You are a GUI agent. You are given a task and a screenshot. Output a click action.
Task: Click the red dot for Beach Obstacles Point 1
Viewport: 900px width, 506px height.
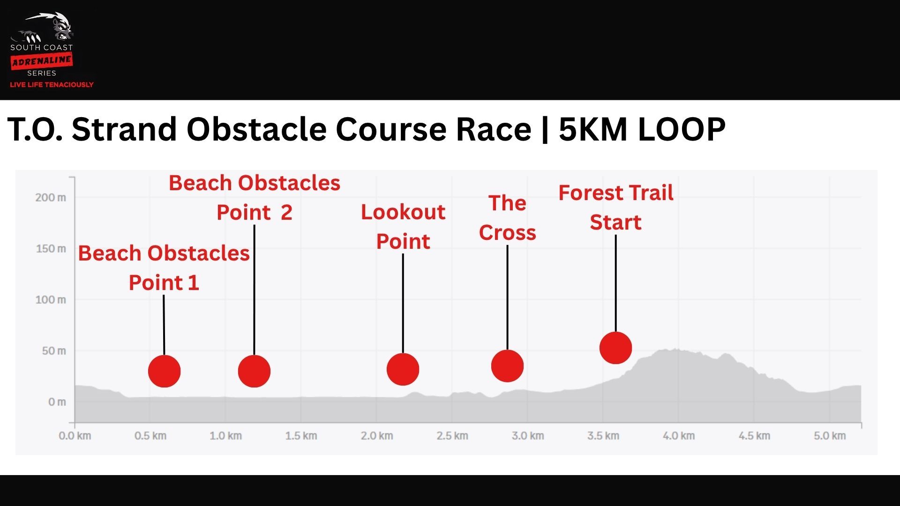pos(164,371)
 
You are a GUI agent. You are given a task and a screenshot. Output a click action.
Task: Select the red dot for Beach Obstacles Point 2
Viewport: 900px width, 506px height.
pos(254,371)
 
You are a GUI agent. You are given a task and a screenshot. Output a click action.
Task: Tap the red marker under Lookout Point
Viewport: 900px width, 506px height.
pos(403,369)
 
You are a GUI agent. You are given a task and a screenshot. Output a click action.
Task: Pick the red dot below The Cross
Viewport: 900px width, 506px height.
pos(507,366)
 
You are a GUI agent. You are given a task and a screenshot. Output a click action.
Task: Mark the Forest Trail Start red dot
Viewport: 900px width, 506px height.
pos(615,348)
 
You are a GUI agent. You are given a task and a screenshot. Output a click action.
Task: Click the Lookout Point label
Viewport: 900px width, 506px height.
pos(403,227)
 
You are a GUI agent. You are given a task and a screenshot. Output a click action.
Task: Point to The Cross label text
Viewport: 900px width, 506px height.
pos(507,218)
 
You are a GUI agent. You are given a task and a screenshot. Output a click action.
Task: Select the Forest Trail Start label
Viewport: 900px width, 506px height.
pos(616,207)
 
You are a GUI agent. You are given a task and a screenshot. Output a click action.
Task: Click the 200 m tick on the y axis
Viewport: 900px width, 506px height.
pos(51,197)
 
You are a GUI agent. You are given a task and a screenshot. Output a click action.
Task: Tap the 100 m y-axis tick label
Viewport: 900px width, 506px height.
pos(51,299)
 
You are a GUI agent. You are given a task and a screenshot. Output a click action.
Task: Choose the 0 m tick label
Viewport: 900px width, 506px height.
pos(57,402)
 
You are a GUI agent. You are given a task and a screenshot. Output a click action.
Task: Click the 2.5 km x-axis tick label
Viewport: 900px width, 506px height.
pos(452,436)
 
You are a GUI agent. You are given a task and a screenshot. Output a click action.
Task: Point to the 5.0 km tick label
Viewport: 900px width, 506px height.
pos(830,436)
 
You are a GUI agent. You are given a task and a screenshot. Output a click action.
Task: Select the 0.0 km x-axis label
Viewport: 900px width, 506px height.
pos(75,436)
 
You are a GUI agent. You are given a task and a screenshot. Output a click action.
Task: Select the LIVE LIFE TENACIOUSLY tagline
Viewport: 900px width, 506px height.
pos(52,85)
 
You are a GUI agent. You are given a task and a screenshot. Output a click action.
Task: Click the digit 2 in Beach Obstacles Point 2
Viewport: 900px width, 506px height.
pos(286,213)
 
